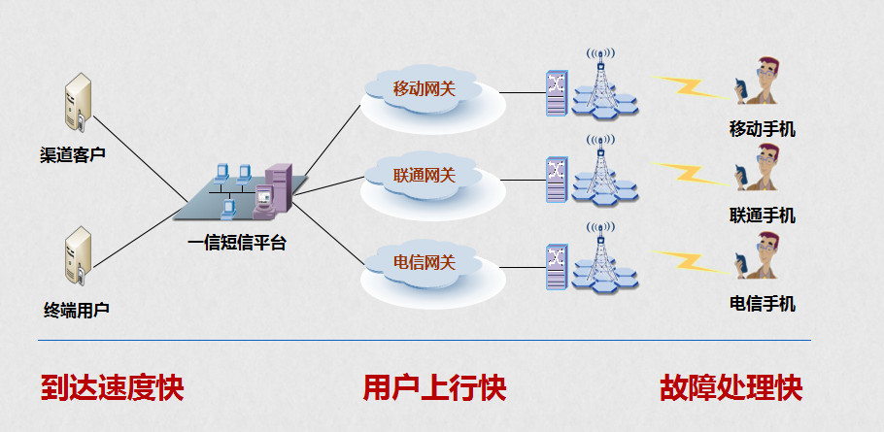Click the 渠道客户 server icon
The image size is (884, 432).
click(78, 102)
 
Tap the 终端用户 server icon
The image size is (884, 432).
click(78, 256)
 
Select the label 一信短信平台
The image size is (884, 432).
click(237, 243)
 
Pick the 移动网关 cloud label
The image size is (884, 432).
click(424, 89)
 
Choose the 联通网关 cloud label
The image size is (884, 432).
click(424, 176)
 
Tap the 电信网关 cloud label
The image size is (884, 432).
click(424, 262)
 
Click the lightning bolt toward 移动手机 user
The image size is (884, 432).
click(690, 87)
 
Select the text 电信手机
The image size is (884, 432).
click(763, 305)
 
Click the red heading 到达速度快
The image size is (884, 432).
click(112, 388)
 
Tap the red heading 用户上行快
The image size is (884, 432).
click(434, 388)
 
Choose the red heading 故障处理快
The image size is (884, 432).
click(731, 388)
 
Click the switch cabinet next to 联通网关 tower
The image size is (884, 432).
click(557, 180)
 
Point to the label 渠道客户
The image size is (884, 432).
click(73, 154)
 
